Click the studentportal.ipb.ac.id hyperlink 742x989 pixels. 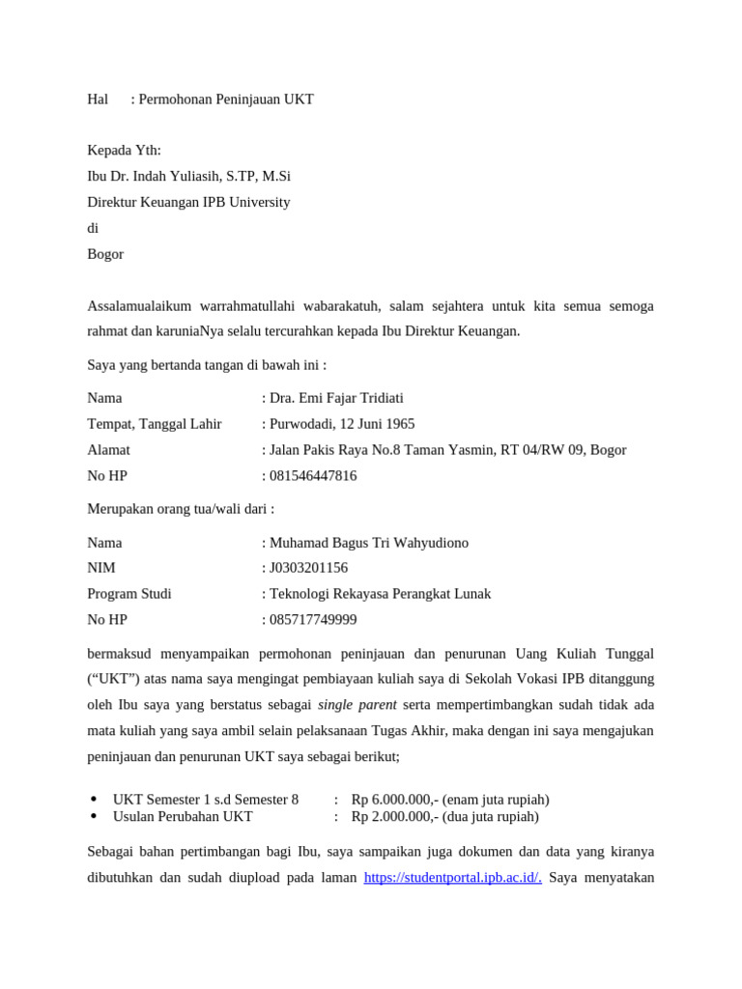(452, 878)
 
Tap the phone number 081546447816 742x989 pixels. (313, 476)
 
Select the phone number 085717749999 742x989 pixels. (313, 620)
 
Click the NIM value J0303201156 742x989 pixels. (308, 568)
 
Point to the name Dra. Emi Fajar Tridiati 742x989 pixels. (336, 398)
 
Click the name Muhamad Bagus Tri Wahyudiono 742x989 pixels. (369, 543)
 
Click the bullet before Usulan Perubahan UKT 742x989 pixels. (94, 816)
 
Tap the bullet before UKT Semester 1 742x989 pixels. (94, 799)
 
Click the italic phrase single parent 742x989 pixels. (357, 705)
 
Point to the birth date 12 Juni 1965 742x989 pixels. (374, 424)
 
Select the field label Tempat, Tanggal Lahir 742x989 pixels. (155, 424)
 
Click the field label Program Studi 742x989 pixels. (129, 594)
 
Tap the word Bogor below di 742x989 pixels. (105, 254)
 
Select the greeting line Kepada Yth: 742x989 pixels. (124, 151)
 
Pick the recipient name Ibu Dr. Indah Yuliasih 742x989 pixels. (155, 177)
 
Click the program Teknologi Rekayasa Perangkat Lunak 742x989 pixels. (380, 594)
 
